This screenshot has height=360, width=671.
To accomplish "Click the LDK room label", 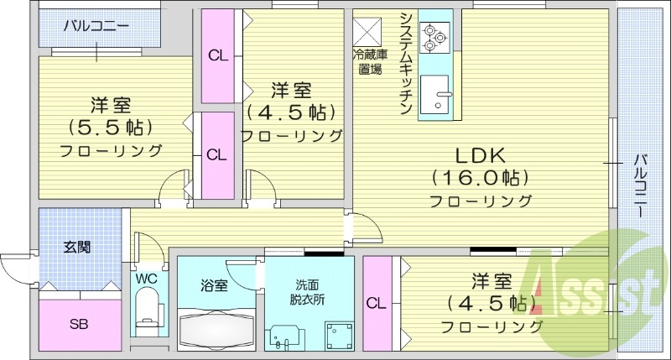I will [479, 155].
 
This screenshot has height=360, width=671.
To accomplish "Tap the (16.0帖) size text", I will [479, 178].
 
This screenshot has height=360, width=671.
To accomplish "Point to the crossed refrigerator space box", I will [367, 32].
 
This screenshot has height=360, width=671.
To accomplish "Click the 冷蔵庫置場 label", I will [367, 63].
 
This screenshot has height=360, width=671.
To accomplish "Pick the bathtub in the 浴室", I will [217, 331].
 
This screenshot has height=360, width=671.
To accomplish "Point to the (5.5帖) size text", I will [111, 128].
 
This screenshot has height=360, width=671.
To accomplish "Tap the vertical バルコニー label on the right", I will [642, 185].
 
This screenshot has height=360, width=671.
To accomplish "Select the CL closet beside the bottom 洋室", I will [377, 303].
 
